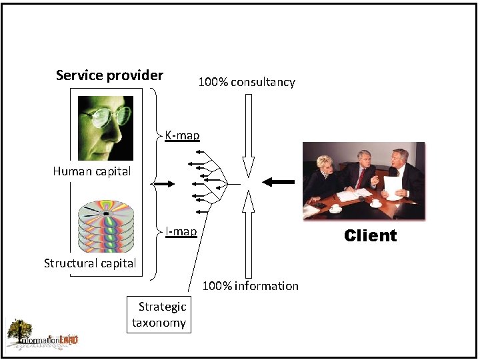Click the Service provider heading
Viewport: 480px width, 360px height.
pyautogui.click(x=109, y=75)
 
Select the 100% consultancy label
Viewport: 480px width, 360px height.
pyautogui.click(x=247, y=82)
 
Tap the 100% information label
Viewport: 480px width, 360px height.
pyautogui.click(x=250, y=286)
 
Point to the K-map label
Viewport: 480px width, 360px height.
pyautogui.click(x=182, y=135)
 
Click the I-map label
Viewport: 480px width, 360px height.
pyautogui.click(x=181, y=231)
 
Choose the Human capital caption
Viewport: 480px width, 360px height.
pyautogui.click(x=92, y=171)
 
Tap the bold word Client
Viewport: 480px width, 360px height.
pyautogui.click(x=370, y=235)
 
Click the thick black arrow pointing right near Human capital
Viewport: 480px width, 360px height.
pyautogui.click(x=163, y=183)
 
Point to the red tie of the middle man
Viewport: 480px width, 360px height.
pyautogui.click(x=361, y=178)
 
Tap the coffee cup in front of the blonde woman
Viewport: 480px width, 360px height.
pyautogui.click(x=335, y=209)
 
